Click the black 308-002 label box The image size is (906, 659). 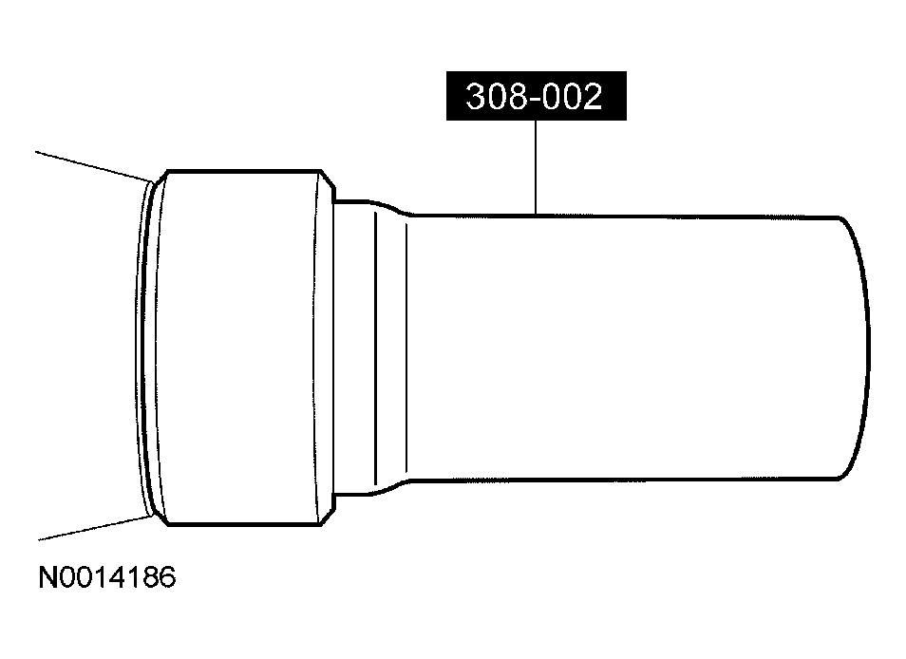pyautogui.click(x=537, y=96)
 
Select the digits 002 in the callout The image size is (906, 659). pyautogui.click(x=574, y=97)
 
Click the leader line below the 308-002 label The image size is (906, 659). pyautogui.click(x=536, y=167)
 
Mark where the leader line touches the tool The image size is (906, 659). pyautogui.click(x=536, y=215)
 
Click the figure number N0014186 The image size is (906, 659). pyautogui.click(x=107, y=577)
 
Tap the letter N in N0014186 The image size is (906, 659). pyautogui.click(x=47, y=577)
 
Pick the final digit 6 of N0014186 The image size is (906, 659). pyautogui.click(x=167, y=577)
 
